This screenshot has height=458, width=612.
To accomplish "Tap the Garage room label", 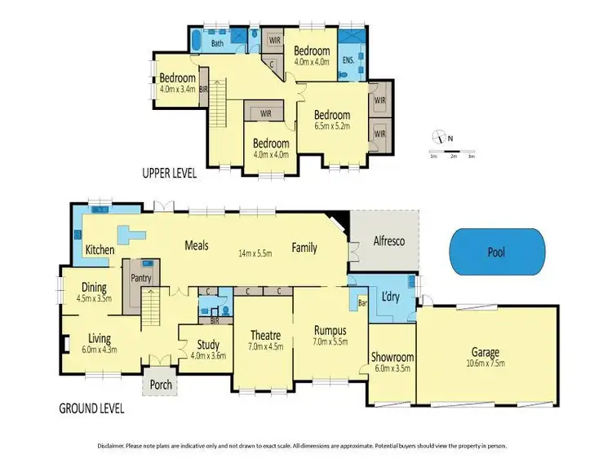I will pyautogui.click(x=484, y=353).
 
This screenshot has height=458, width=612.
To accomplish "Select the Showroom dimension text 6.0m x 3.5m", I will pyautogui.click(x=392, y=368).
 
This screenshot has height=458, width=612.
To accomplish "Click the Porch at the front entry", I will pyautogui.click(x=162, y=384).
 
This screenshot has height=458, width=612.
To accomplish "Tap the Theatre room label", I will pyautogui.click(x=266, y=336).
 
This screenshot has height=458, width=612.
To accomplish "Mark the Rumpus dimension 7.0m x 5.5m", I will pyautogui.click(x=330, y=343).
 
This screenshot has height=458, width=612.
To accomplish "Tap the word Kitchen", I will pyautogui.click(x=100, y=249).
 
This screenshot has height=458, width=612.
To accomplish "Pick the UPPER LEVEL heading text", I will pyautogui.click(x=174, y=173).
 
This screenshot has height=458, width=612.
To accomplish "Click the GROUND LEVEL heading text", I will pyautogui.click(x=91, y=407).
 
